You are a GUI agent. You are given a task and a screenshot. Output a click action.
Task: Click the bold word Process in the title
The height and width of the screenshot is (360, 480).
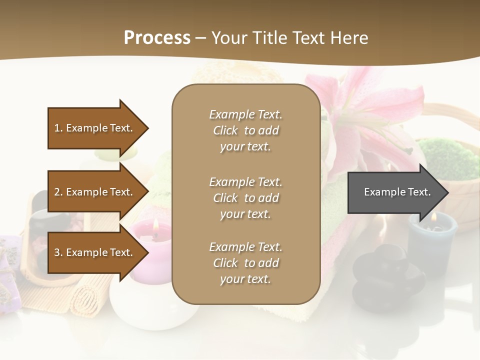click(157, 37)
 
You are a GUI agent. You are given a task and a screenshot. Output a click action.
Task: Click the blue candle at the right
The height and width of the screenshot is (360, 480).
click(431, 242)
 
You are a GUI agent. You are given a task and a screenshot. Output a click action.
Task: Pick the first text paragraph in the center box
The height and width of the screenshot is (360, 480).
click(245, 130)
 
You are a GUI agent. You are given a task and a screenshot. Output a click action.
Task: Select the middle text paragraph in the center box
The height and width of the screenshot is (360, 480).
click(245, 198)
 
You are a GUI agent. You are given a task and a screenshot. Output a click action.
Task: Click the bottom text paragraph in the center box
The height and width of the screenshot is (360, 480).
click(245, 263)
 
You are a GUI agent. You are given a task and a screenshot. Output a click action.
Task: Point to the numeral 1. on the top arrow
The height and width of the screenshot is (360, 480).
click(58, 128)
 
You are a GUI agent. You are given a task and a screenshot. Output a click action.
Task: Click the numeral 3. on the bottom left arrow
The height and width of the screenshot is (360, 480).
click(58, 252)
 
